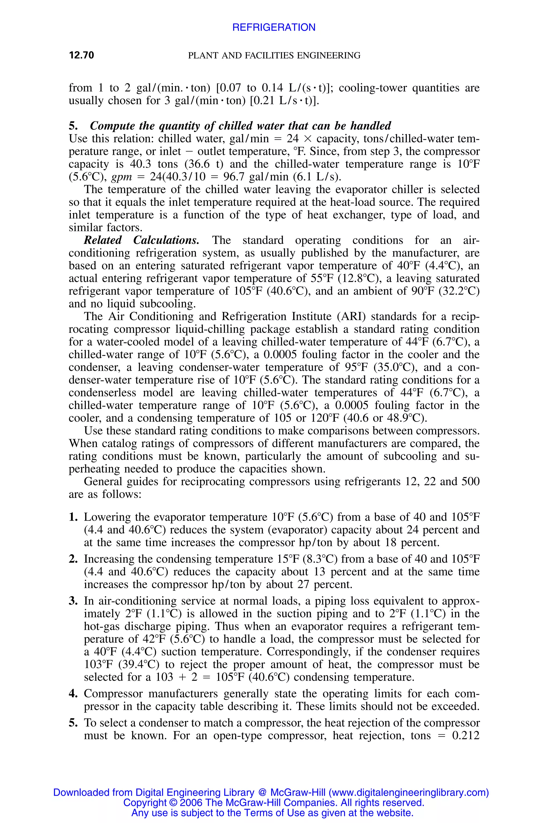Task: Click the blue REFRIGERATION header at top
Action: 274,27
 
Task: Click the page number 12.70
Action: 81,55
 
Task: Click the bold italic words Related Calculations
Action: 142,240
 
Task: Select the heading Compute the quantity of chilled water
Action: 241,126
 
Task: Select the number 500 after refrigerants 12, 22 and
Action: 470,482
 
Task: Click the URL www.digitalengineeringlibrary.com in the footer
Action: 409,792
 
